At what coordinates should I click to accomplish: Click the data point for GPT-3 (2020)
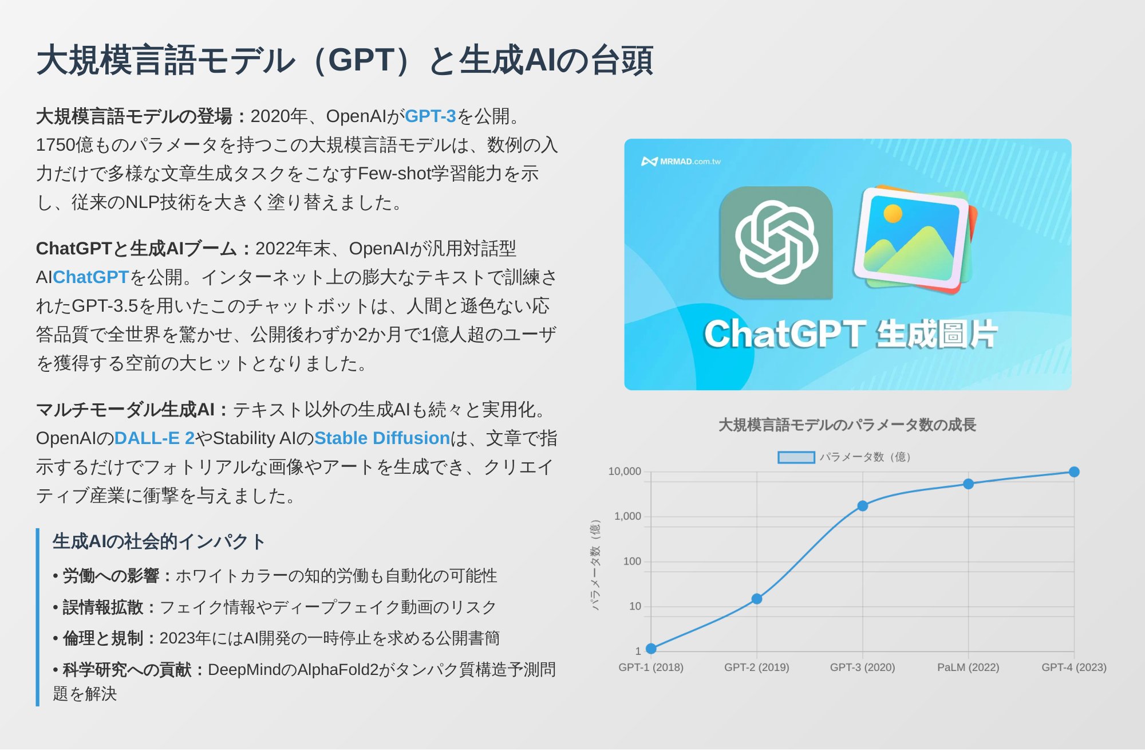(862, 506)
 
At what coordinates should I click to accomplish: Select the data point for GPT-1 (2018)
(651, 649)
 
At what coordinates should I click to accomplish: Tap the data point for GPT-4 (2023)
(1074, 472)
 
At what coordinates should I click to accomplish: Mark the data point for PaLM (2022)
(968, 484)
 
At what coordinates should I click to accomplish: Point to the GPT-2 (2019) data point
(757, 599)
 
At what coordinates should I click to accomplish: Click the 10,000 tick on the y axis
(625, 472)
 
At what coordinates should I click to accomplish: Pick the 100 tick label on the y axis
(632, 561)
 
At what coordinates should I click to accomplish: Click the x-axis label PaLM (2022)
(968, 667)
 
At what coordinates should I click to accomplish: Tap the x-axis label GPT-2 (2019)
(757, 667)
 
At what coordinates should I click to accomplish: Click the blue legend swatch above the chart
(796, 457)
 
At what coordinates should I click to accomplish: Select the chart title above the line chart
(847, 425)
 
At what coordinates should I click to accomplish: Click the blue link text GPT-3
(431, 116)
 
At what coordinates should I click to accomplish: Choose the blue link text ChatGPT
(90, 277)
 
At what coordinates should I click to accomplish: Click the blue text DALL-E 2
(155, 438)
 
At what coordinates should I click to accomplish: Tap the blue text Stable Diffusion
(382, 438)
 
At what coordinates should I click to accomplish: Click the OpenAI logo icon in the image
(776, 242)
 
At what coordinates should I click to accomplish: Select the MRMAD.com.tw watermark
(681, 162)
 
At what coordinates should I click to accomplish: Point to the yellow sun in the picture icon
(893, 214)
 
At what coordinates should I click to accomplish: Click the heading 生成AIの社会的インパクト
(159, 541)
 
